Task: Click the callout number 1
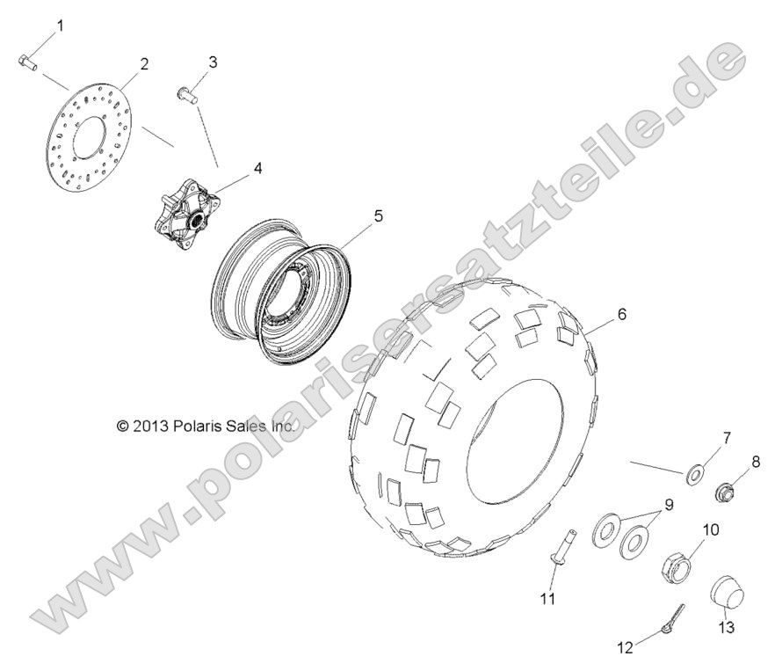(61, 26)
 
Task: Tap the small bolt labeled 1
(25, 62)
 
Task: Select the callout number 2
(144, 63)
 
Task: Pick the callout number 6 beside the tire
(621, 314)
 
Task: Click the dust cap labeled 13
(727, 590)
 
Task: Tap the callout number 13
(726, 628)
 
